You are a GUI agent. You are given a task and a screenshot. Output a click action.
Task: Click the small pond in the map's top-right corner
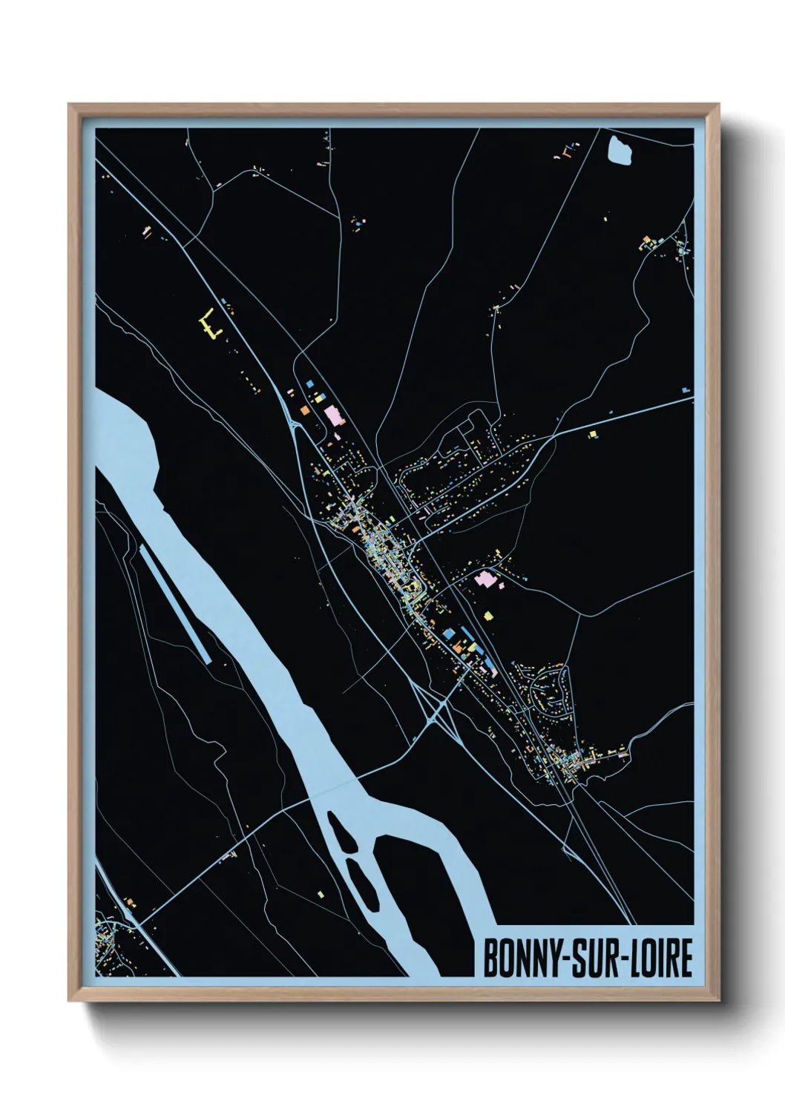click(620, 151)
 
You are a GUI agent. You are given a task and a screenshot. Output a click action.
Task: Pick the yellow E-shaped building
click(210, 325)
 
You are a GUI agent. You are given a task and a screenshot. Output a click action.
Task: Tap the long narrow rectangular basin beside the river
click(175, 600)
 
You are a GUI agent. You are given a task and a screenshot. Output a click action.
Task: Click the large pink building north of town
click(332, 413)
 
